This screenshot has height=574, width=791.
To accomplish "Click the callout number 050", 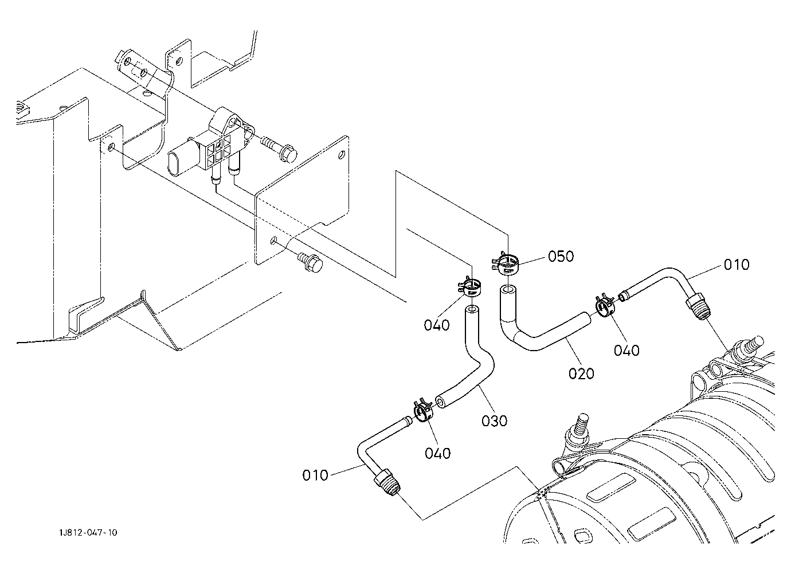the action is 561,256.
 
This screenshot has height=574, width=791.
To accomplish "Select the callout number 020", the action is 581,374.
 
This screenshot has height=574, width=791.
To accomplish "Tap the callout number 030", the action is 494,421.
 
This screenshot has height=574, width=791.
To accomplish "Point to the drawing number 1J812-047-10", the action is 88,532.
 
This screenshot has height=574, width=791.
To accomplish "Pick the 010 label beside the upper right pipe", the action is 737,265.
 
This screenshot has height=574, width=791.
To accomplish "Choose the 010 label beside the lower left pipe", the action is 315,475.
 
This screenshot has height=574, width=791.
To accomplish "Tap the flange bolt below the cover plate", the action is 311,262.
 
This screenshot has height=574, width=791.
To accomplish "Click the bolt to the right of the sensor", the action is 280,149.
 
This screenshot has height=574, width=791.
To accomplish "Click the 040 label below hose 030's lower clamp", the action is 438,453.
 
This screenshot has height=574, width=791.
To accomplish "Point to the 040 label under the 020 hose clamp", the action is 627,351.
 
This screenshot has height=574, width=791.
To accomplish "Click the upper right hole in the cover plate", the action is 342,155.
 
